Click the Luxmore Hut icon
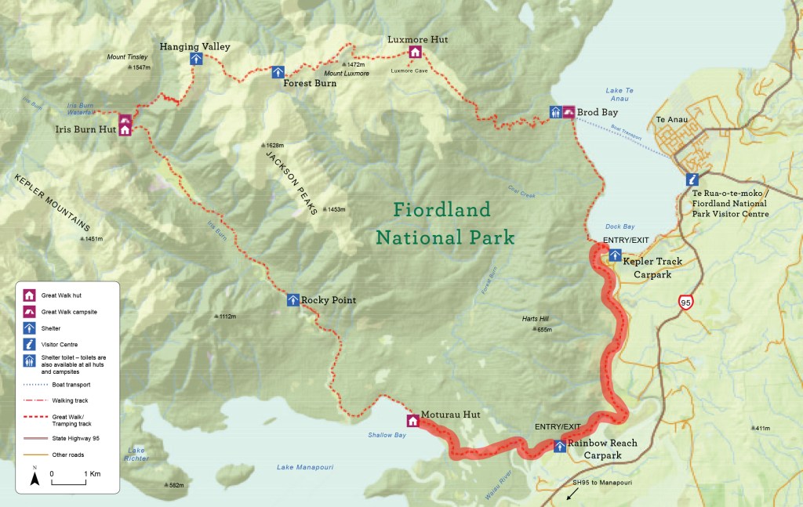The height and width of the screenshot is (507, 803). [x=415, y=53]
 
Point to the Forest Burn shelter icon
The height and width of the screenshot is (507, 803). [x=278, y=72]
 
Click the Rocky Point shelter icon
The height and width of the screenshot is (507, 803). [x=292, y=299]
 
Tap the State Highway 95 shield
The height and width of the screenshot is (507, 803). [x=686, y=302]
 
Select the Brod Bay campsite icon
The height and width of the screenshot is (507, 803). [x=569, y=112]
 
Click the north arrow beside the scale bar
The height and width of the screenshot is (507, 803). [x=35, y=477]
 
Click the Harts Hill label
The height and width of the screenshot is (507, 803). [x=537, y=319]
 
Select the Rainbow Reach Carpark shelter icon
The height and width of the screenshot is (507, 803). [x=560, y=447]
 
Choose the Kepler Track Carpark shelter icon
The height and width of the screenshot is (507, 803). [x=616, y=255]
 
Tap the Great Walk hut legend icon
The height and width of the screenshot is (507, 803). [x=29, y=295]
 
